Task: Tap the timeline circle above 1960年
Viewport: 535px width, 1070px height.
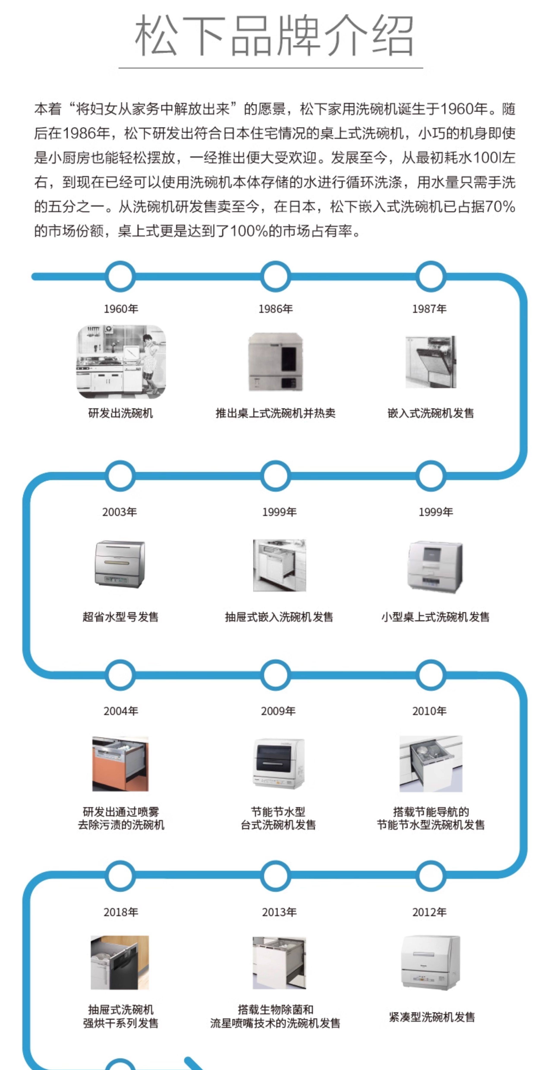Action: (120, 276)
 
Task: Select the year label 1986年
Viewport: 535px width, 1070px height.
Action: (275, 309)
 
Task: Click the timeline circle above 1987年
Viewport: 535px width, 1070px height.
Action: (431, 276)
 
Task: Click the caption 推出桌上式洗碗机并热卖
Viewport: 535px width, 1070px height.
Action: (275, 413)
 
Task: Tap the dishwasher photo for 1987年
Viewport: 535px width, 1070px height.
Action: (431, 362)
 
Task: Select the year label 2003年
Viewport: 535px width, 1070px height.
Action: (120, 512)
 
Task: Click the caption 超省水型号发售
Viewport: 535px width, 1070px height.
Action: (120, 617)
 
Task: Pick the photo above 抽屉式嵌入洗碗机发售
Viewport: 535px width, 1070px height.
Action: (280, 565)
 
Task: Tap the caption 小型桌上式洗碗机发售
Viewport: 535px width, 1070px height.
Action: (435, 617)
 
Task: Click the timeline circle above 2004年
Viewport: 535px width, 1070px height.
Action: (120, 675)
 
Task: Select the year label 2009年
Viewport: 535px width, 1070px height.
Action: (278, 711)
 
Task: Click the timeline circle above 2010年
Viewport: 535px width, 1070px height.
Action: (431, 675)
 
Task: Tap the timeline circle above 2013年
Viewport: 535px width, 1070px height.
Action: (275, 875)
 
